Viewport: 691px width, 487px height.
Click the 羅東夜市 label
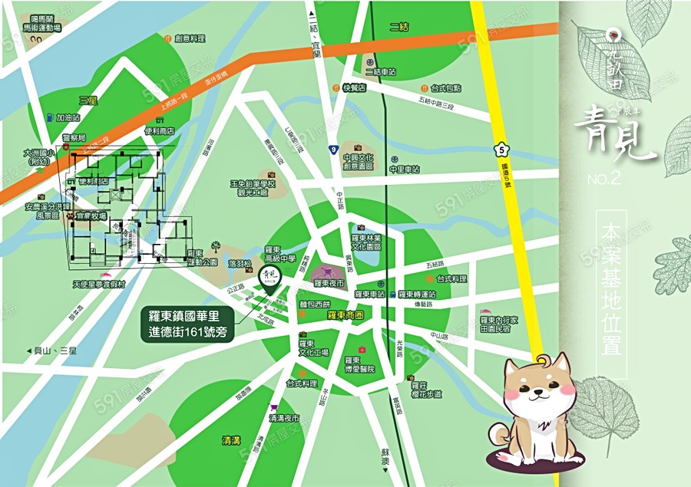[x=332, y=283]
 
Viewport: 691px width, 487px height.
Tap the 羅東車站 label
[x=369, y=295]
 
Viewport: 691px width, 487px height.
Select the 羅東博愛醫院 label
[x=359, y=364]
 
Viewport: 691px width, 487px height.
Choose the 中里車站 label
[x=405, y=169]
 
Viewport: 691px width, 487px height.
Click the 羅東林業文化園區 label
[x=371, y=244]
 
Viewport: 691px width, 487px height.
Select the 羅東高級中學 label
[x=279, y=255]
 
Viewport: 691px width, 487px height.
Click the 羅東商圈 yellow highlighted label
[x=345, y=315]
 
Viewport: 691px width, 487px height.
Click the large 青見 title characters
[x=614, y=138]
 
